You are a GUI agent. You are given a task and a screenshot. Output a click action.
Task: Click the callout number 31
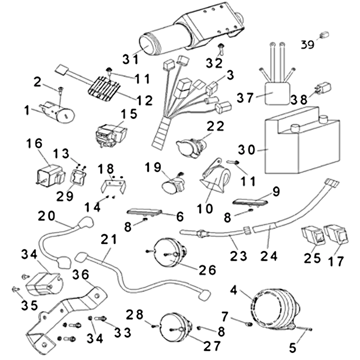(132, 59)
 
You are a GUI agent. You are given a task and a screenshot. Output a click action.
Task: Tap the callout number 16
(36, 144)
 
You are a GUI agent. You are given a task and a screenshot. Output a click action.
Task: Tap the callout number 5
(293, 347)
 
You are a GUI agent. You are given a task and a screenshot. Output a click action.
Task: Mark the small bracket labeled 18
(113, 185)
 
